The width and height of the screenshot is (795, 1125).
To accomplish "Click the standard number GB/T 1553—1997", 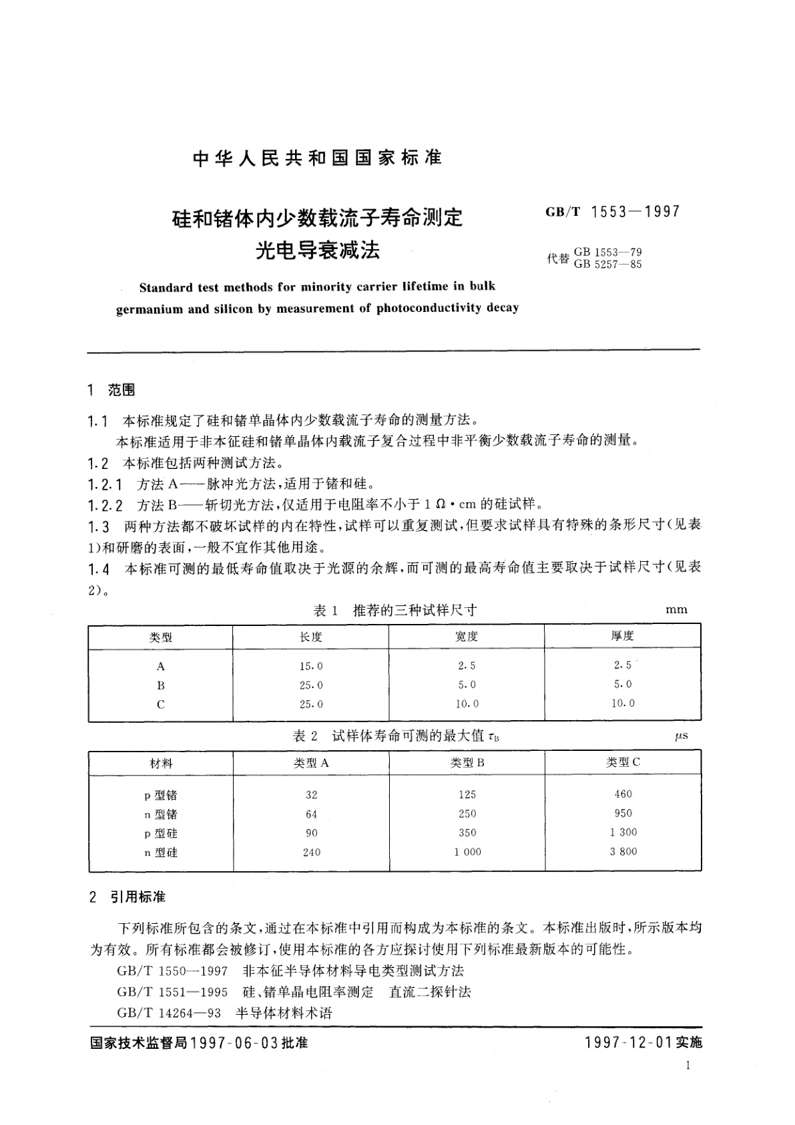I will [612, 212].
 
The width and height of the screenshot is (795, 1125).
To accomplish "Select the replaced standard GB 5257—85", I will [607, 264].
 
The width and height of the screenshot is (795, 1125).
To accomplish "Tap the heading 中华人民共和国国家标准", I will [318, 158].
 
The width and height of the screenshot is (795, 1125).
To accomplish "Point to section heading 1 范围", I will [111, 390].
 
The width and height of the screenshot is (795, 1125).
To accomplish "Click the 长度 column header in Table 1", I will [311, 637].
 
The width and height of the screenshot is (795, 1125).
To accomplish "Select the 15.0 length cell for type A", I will [311, 666].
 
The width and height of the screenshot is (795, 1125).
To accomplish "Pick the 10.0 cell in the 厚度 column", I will [623, 703].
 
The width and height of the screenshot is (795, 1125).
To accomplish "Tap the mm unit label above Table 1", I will [676, 609].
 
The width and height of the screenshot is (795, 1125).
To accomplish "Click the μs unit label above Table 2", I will [681, 736].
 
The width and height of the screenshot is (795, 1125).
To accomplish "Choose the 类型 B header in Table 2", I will [467, 762].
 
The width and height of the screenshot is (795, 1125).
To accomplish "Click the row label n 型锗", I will [161, 814].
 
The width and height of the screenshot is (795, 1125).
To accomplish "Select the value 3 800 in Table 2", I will [623, 851].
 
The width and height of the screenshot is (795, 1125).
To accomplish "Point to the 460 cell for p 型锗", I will [623, 794].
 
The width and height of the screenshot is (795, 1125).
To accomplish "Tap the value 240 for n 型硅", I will [311, 852].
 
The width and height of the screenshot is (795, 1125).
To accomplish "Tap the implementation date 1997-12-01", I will [627, 1043].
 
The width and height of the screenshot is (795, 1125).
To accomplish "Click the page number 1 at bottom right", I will [688, 1066].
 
